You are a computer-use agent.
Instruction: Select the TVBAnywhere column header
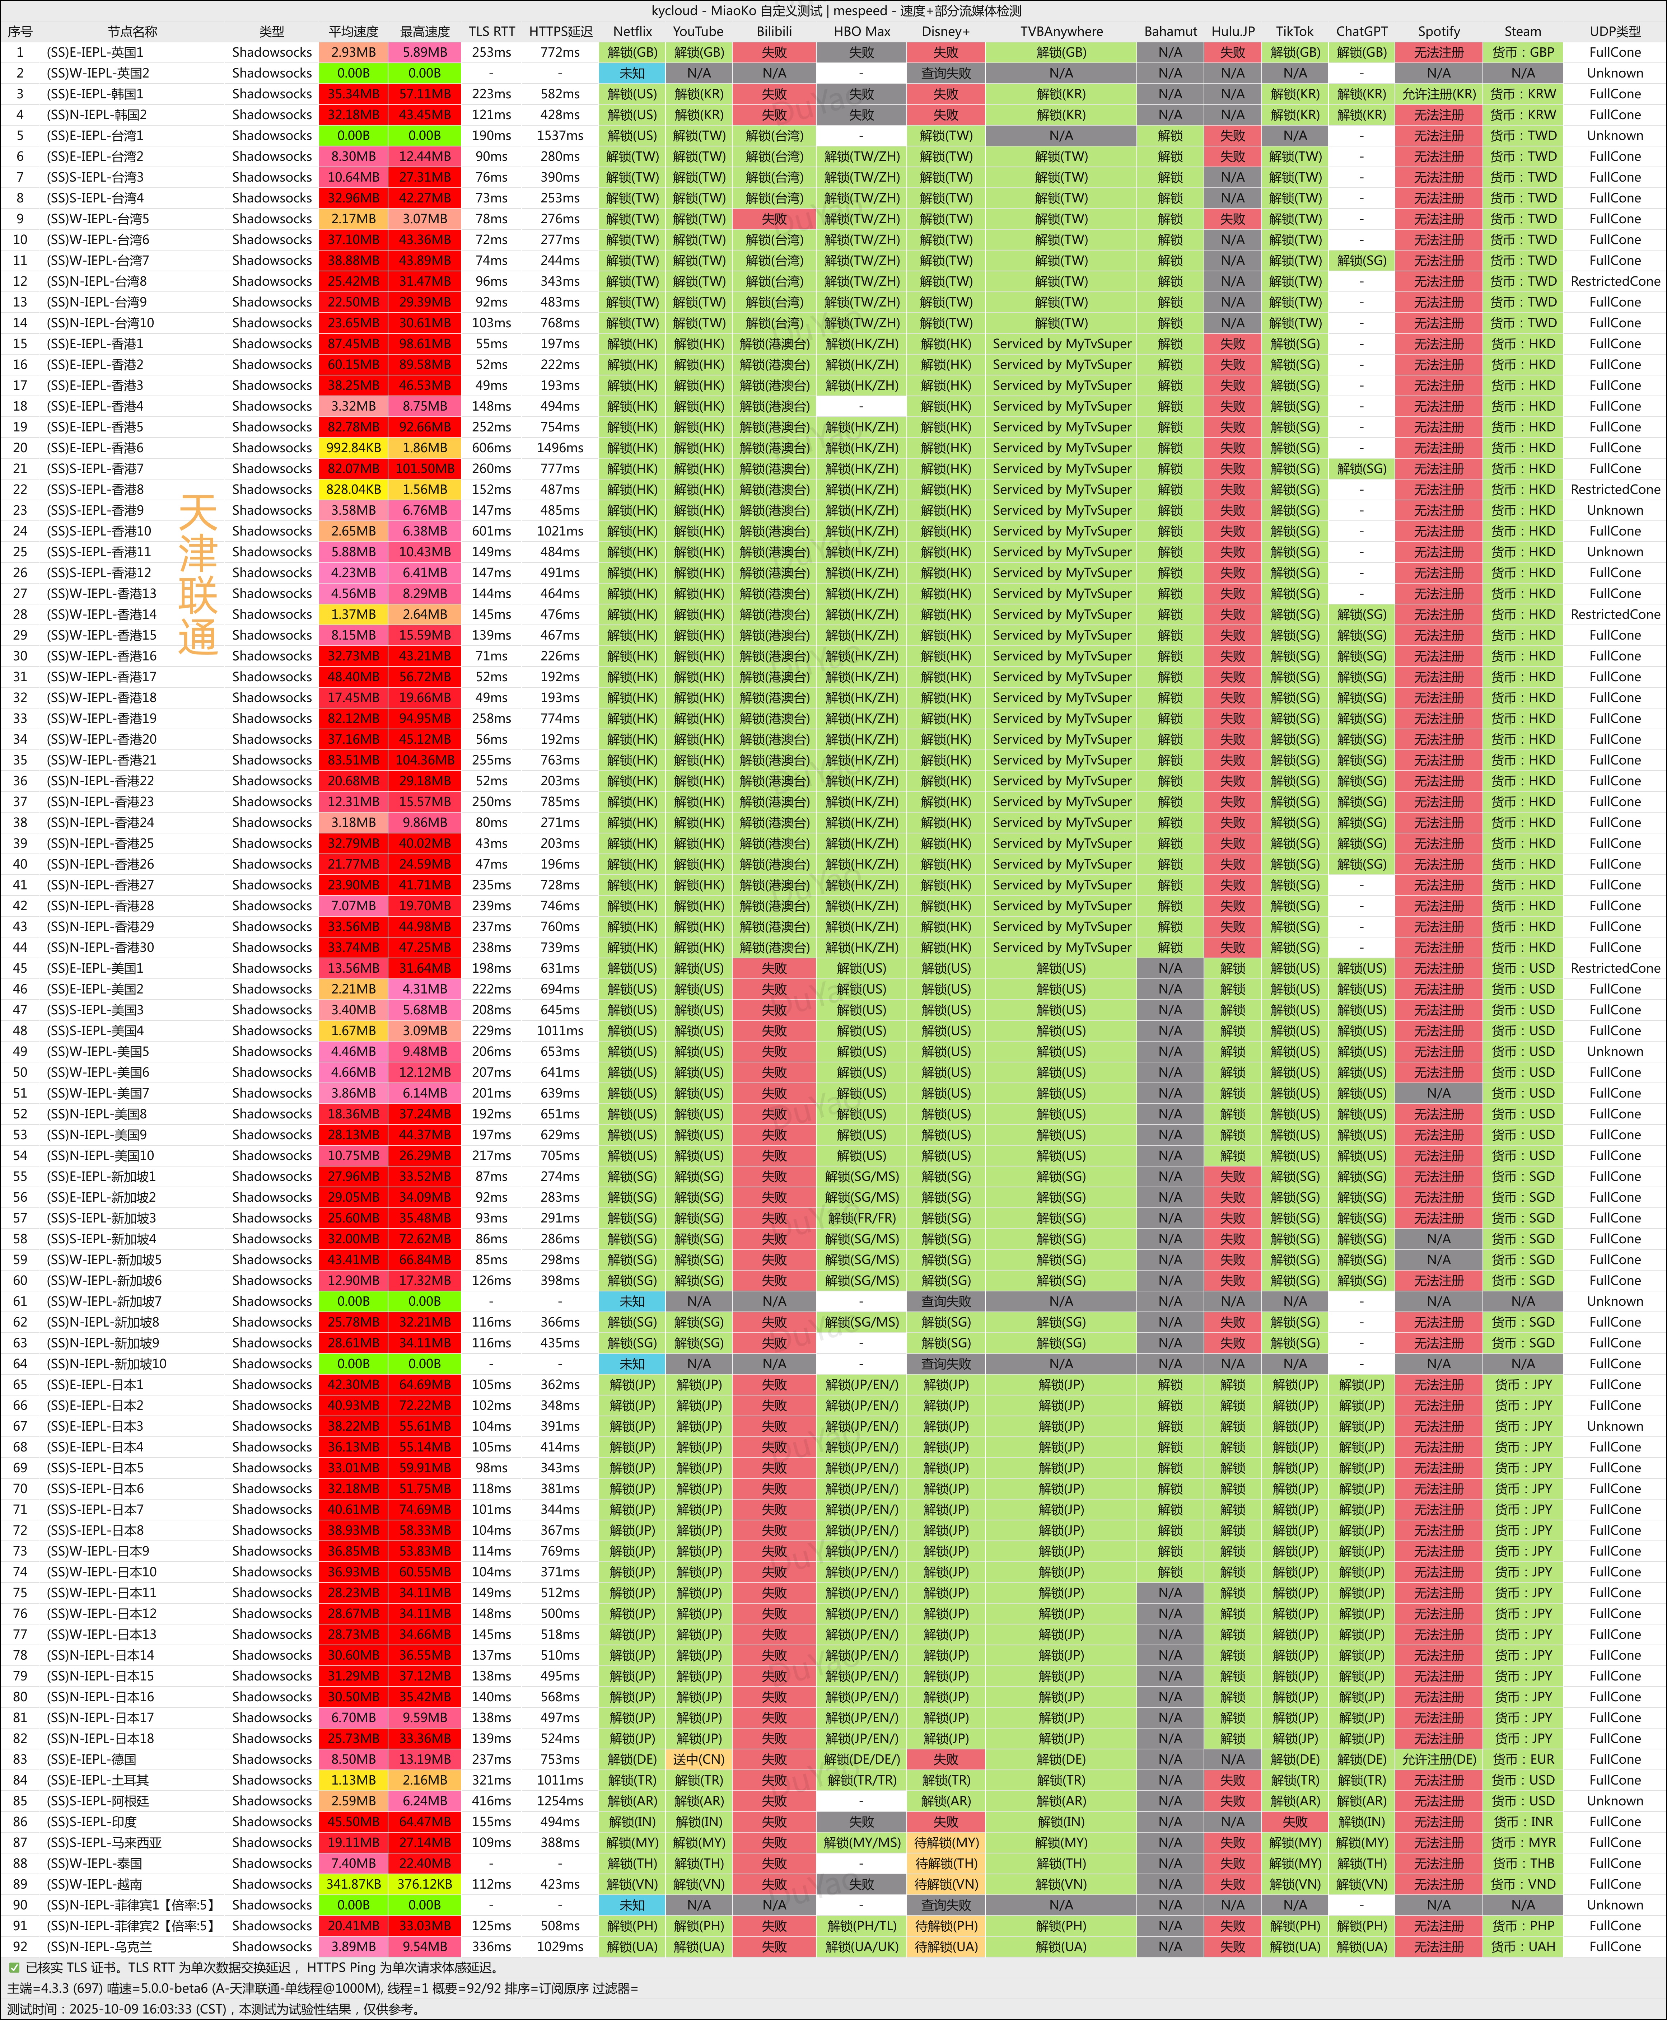(x=1061, y=31)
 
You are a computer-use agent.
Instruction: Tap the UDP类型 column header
(x=1614, y=31)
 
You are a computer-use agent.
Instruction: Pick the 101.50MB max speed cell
(x=424, y=468)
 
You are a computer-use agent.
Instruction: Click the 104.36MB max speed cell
(x=424, y=759)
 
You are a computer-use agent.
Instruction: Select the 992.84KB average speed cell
(x=353, y=448)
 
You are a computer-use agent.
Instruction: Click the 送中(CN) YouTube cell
(x=698, y=1759)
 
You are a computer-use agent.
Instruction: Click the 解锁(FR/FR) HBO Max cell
(x=861, y=1217)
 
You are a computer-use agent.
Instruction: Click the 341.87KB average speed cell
(x=353, y=1884)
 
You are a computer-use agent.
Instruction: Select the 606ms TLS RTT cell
(x=492, y=448)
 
